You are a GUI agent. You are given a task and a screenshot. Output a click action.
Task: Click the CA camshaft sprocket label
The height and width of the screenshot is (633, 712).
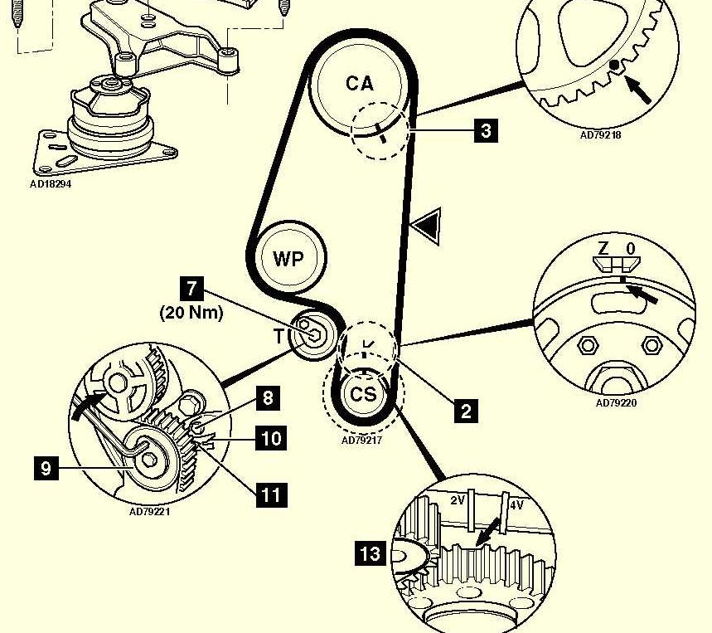click(x=359, y=83)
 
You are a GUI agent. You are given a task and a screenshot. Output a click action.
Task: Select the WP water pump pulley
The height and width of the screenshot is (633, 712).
click(x=288, y=259)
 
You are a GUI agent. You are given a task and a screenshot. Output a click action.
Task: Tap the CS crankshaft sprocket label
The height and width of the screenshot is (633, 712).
click(x=363, y=394)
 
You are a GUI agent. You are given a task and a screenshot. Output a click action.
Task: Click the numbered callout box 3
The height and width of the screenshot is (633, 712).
click(x=486, y=130)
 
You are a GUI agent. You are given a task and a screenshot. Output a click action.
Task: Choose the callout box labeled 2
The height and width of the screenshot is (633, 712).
click(x=466, y=409)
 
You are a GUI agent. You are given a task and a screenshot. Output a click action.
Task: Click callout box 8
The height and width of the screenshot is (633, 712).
click(x=267, y=398)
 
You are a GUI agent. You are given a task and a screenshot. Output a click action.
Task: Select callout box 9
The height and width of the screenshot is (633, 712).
click(x=46, y=469)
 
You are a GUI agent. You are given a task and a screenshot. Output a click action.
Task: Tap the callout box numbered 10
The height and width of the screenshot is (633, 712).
click(x=273, y=437)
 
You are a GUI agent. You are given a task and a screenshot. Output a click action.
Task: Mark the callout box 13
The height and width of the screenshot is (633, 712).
click(x=371, y=552)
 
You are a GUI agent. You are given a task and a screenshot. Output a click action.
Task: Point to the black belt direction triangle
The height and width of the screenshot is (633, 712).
click(x=429, y=225)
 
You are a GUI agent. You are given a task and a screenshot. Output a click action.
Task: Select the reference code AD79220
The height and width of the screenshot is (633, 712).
click(x=616, y=404)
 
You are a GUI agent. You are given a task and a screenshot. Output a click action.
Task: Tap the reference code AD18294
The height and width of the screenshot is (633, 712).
click(x=51, y=184)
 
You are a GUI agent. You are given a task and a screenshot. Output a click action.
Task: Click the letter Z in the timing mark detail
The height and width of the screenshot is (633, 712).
click(x=604, y=249)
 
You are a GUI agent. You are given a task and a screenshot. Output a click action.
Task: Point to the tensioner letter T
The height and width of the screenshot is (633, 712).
click(x=279, y=337)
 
